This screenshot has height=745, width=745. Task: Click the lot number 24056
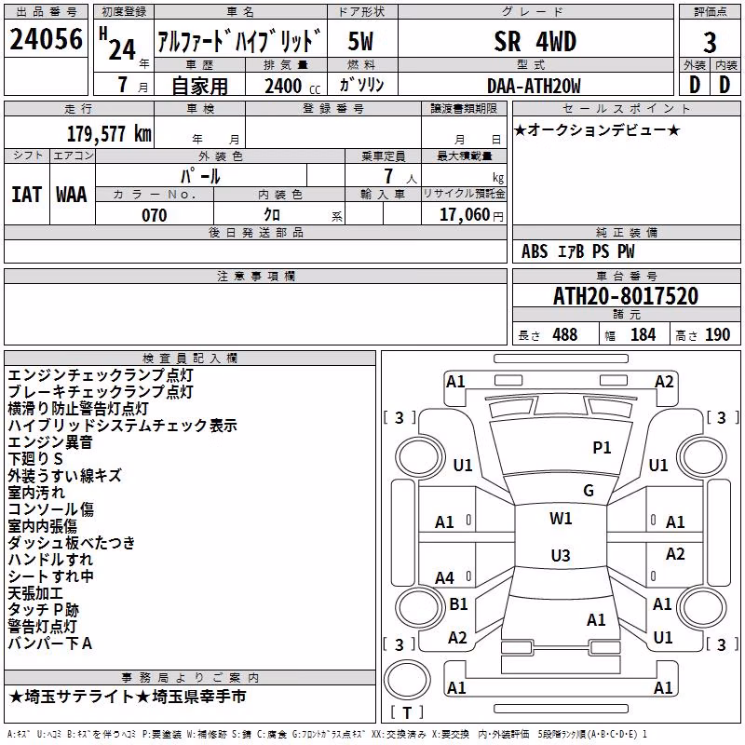click(x=46, y=39)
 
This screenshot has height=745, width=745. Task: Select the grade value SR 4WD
click(x=535, y=41)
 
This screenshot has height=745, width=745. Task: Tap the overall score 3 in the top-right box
click(x=710, y=42)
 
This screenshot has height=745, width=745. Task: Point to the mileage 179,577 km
click(x=109, y=133)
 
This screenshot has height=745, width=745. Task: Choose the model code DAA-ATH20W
click(x=534, y=86)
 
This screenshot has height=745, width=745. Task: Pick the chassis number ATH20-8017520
click(x=626, y=296)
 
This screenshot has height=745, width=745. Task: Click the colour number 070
click(x=154, y=215)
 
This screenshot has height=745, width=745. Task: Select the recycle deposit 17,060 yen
click(x=471, y=215)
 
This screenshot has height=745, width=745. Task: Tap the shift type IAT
click(x=27, y=195)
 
